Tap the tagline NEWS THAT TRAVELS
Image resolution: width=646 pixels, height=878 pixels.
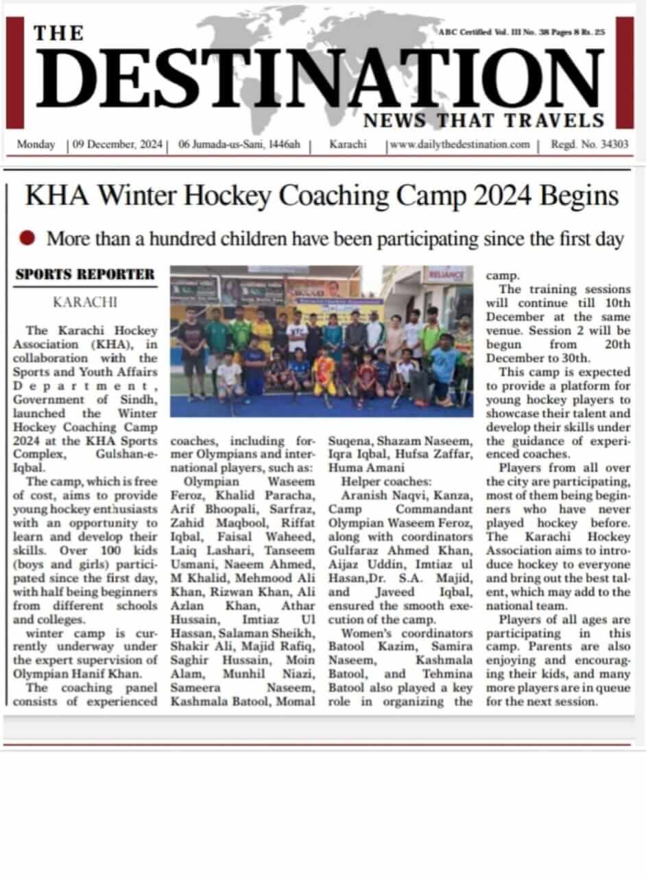(x=483, y=121)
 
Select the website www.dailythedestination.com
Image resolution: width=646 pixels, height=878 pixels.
(x=459, y=145)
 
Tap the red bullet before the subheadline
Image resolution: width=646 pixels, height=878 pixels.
(x=27, y=238)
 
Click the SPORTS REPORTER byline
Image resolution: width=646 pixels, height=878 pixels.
(x=85, y=274)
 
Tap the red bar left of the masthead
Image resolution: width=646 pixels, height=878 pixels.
(x=14, y=72)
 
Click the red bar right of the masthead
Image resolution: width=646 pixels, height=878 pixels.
(x=625, y=72)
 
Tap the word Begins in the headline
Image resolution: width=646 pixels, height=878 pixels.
(x=579, y=197)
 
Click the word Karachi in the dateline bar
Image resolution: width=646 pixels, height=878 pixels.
(x=349, y=145)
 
